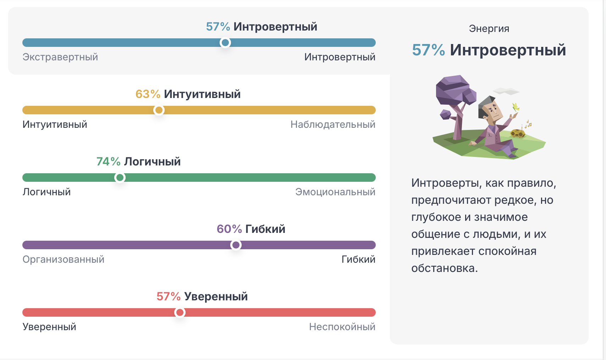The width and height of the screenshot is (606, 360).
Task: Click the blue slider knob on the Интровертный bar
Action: point(225,43)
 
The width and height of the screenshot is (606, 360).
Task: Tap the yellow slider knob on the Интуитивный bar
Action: point(159,110)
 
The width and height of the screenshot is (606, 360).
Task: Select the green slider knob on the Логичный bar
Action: point(120,178)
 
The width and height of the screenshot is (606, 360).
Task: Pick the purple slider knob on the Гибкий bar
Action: point(236,245)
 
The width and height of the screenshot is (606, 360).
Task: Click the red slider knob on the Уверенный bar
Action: point(180,312)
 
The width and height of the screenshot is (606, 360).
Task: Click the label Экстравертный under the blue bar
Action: point(60,57)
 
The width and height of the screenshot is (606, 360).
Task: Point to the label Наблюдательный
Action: point(332,124)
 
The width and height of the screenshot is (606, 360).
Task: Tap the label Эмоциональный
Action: point(335,192)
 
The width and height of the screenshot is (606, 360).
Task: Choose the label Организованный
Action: point(63,259)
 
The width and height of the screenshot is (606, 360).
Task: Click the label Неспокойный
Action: point(342,327)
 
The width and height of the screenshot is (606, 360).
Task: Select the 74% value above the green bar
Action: point(108,162)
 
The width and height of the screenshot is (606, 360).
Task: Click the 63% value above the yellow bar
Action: point(148,94)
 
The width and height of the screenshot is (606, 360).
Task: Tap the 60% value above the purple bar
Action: point(229,229)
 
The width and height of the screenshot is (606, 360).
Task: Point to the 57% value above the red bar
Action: point(169,296)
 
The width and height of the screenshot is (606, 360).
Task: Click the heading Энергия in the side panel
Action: point(489,28)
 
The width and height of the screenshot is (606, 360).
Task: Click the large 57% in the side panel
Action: point(428,50)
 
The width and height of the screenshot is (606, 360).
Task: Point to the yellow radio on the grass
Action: point(518,133)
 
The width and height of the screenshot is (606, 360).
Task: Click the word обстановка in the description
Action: point(444,268)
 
